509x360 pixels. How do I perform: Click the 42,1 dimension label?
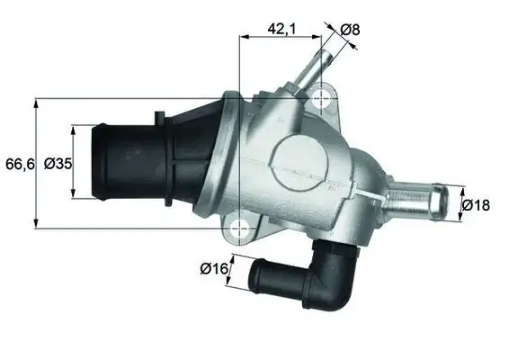click(x=282, y=30)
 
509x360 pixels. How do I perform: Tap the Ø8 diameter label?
click(x=351, y=30)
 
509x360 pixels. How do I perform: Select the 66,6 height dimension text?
click(x=18, y=164)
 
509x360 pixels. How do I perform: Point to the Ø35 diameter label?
click(x=58, y=164)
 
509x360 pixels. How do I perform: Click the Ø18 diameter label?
click(x=476, y=205)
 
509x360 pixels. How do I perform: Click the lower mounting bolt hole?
click(x=239, y=230)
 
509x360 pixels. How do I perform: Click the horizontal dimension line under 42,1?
click(x=281, y=38)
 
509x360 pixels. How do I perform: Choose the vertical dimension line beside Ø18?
click(x=460, y=205)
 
